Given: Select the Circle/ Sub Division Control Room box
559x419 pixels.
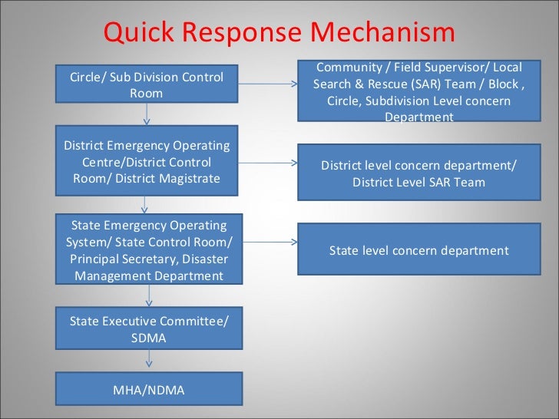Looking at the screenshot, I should coord(146,84).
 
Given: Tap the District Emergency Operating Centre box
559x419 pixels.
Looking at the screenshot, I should coord(146,162).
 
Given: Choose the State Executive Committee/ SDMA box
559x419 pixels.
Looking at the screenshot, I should coord(149,329).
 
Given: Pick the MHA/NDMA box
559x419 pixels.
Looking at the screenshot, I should coord(149,390).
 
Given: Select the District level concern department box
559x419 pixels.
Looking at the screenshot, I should coord(418,174).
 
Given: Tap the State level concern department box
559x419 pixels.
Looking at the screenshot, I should coord(418,250).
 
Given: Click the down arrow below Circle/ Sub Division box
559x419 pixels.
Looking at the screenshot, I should coord(147,114).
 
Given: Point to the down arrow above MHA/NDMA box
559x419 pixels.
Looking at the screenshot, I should coord(149,361).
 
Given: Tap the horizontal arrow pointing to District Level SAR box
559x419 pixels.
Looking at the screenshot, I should coord(269,163).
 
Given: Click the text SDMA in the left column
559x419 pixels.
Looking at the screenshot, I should coord(149,338).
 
